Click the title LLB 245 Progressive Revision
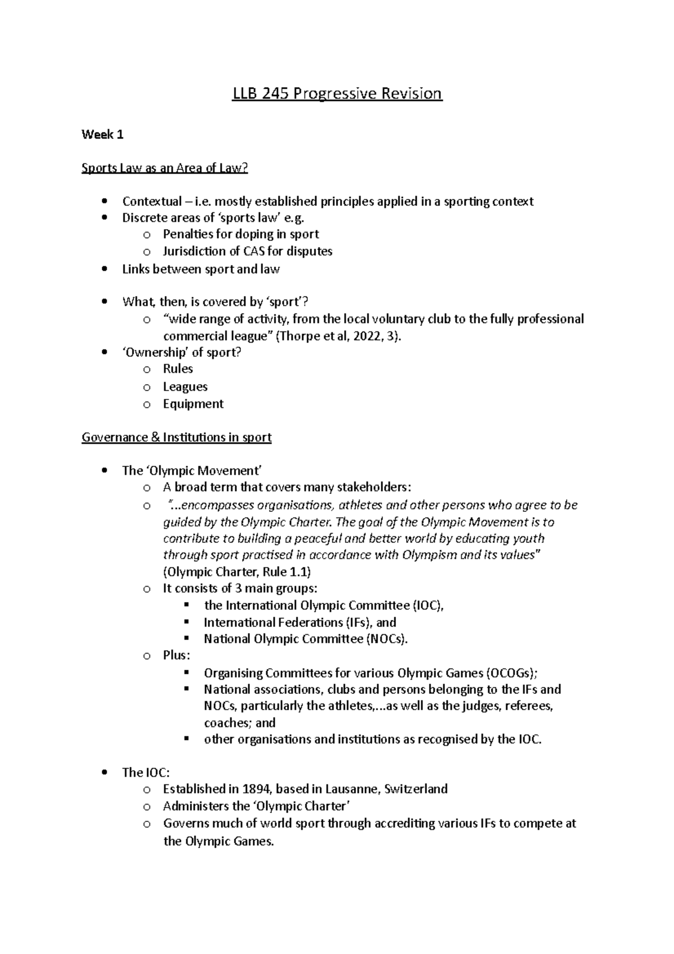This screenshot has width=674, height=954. [x=338, y=93]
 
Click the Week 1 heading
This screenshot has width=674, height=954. [x=102, y=135]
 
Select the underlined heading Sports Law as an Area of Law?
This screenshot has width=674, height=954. [x=165, y=168]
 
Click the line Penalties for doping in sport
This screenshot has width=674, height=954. [x=240, y=234]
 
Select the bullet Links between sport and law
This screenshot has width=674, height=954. [x=201, y=269]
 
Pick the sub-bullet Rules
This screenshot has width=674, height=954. [x=177, y=369]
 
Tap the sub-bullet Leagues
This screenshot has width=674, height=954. [x=185, y=387]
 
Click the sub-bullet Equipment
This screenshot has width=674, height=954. [x=193, y=404]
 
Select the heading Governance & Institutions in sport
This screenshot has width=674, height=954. [x=176, y=437]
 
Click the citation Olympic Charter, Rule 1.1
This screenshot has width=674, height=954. [x=236, y=572]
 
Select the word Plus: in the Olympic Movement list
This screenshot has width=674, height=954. [x=176, y=656]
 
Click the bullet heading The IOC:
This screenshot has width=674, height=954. [x=145, y=773]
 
